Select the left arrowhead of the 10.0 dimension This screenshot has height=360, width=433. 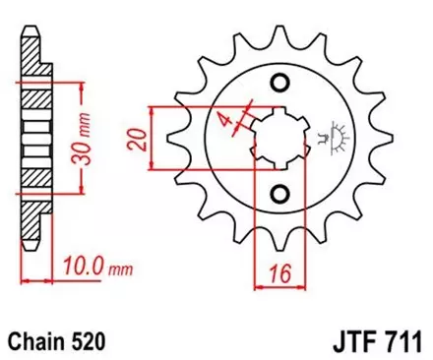click(26, 279)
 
